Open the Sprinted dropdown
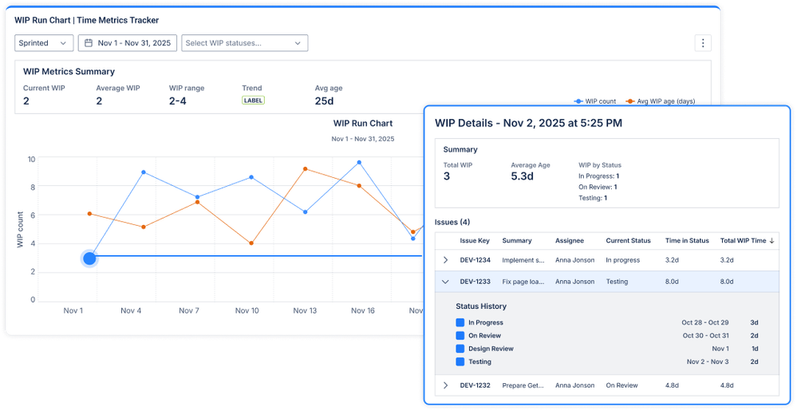[44, 43]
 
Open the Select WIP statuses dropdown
[244, 43]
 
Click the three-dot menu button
[702, 43]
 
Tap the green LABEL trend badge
[253, 101]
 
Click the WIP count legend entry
[595, 101]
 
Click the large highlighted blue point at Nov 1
[89, 258]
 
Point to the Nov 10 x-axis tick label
[247, 310]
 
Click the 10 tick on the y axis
[31, 160]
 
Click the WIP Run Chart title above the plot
[362, 124]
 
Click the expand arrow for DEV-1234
[446, 259]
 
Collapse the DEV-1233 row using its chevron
[446, 281]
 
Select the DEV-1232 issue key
[475, 385]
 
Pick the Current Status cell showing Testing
[617, 281]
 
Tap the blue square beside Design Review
[460, 349]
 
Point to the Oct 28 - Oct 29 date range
[705, 322]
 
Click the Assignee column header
[570, 240]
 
